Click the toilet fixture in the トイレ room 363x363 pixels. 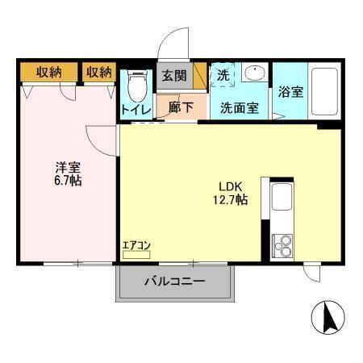(136, 83)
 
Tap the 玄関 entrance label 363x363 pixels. (173, 76)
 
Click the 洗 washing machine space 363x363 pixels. (223, 74)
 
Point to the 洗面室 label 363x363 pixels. (240, 106)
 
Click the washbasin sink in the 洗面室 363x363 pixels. (254, 73)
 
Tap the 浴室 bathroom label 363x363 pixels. (290, 91)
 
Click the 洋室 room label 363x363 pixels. (68, 167)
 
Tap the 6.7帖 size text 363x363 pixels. (68, 181)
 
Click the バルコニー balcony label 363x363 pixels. (175, 282)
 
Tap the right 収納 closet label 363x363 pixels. (99, 73)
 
